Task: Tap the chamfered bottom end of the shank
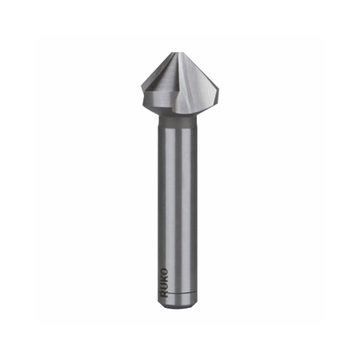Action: tap(181, 308)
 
